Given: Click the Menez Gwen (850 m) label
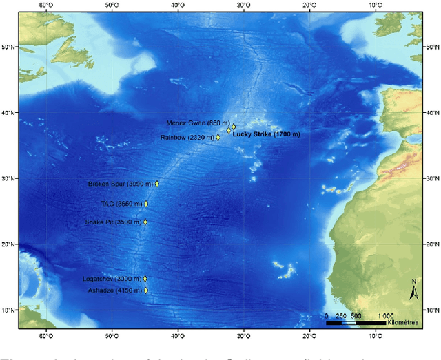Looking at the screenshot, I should [x=195, y=123].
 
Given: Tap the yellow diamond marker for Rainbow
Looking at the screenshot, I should [x=218, y=138].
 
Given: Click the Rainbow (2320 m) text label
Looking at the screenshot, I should [x=186, y=138].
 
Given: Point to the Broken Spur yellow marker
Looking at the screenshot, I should [x=157, y=184].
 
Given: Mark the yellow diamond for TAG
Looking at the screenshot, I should [x=146, y=204].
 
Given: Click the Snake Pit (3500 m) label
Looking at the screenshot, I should [x=113, y=222].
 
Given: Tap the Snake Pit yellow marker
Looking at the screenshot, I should [x=145, y=222].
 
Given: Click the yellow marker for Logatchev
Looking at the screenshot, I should [x=145, y=279].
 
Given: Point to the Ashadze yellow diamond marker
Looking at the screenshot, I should [x=145, y=290].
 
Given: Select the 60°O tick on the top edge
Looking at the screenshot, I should [x=46, y=5].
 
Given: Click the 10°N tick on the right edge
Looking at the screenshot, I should [x=433, y=310].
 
